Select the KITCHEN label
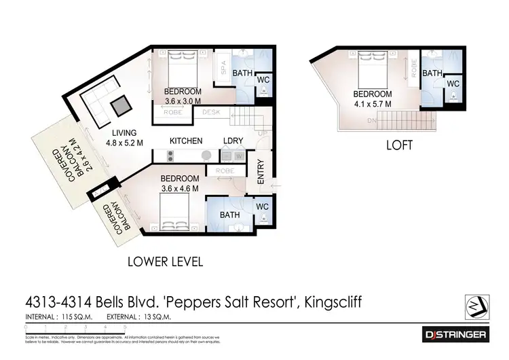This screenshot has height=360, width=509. point(186,141)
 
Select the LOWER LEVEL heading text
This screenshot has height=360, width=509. point(166,261)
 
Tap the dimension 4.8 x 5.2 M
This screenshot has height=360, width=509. point(124,143)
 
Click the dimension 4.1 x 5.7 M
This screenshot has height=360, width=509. point(373,104)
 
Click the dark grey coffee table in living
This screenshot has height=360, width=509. point(120,105)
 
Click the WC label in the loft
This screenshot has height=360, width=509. point(453,84)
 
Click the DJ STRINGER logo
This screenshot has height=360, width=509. point(455,334)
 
